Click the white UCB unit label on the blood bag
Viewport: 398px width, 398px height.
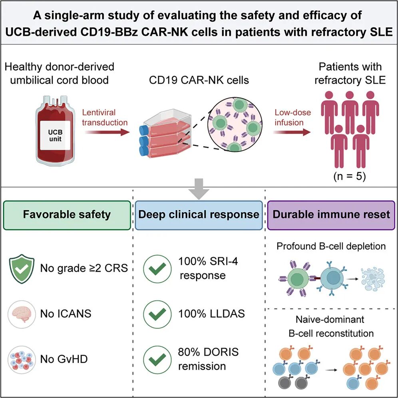point(55,135)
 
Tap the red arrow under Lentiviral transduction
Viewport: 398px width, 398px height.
point(107,132)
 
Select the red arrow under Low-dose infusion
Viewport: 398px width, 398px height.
point(292,132)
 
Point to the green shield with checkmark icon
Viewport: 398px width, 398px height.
point(22,269)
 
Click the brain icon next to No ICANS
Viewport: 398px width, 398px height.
point(22,314)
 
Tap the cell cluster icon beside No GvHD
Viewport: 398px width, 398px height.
point(22,359)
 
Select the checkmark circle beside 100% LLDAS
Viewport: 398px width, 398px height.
point(157,314)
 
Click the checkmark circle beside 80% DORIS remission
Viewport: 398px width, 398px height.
point(157,359)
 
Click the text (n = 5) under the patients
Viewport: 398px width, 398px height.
point(350,176)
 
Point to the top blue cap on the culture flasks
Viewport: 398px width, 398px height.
point(144,130)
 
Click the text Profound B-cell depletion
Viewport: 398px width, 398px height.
point(331,246)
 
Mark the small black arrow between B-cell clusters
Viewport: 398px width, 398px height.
point(332,370)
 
